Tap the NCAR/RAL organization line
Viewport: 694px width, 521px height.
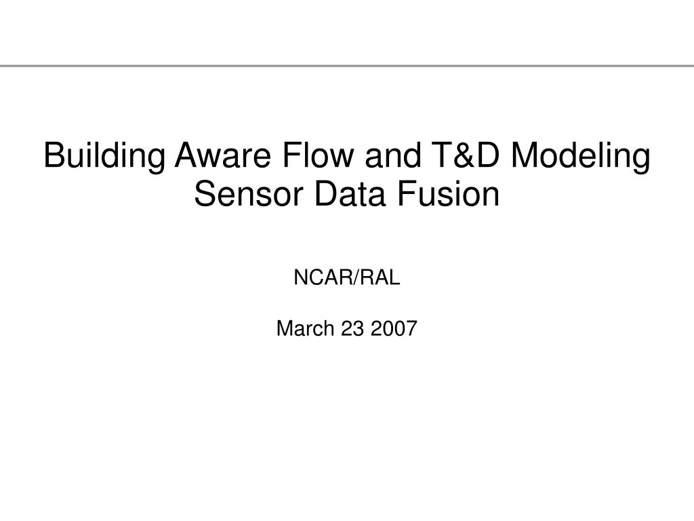(x=347, y=277)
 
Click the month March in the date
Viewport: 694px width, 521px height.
(x=305, y=328)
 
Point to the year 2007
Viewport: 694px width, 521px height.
(x=394, y=328)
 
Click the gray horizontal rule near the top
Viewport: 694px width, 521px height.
(x=347, y=66)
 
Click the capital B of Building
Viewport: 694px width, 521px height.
(x=54, y=155)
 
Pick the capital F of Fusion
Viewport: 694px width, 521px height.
(x=406, y=194)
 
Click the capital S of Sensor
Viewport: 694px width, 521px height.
(x=205, y=194)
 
